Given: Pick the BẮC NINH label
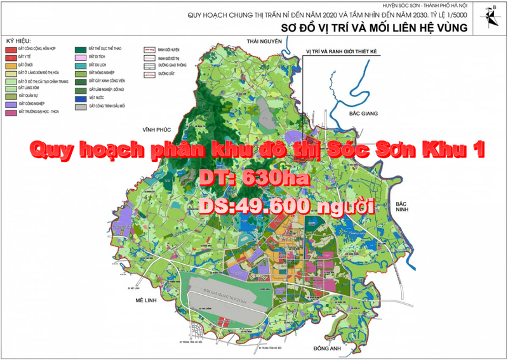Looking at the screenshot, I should click(401, 207).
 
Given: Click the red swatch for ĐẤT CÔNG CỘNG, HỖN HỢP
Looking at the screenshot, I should click(11, 49).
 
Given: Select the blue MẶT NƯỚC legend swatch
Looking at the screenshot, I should click(81, 98).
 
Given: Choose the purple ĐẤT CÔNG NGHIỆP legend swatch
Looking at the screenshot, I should click(11, 103).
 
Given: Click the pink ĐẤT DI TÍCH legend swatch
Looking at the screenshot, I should click(81, 57).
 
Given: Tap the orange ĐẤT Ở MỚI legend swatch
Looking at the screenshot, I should click(11, 65).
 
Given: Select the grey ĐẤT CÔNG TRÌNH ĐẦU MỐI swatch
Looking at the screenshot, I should click(81, 106).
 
